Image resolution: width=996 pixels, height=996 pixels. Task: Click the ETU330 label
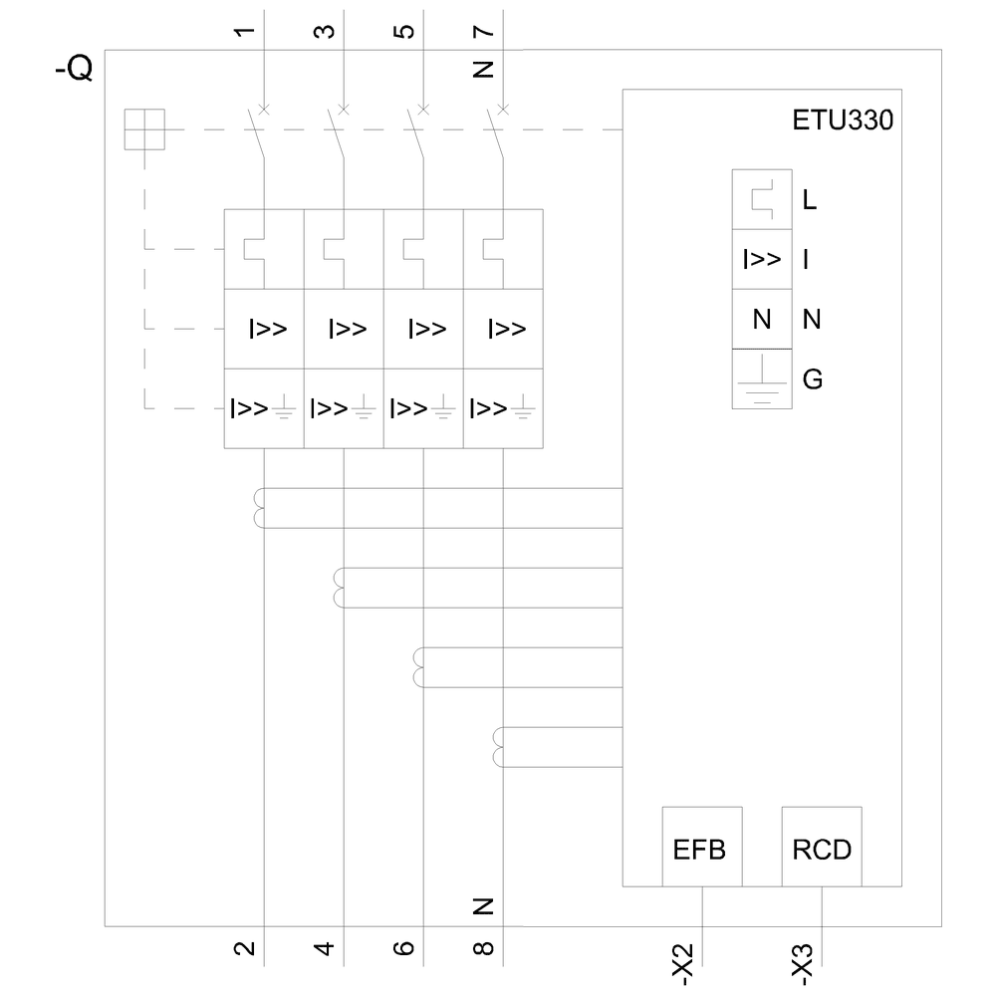(843, 124)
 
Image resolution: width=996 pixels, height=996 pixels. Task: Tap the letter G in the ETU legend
(812, 379)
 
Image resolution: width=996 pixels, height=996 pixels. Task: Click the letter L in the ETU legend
(810, 200)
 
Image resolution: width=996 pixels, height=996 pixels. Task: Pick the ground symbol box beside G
(762, 379)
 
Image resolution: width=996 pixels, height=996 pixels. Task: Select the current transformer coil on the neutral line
(497, 748)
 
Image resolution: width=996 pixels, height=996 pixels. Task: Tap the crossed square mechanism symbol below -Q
(144, 129)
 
